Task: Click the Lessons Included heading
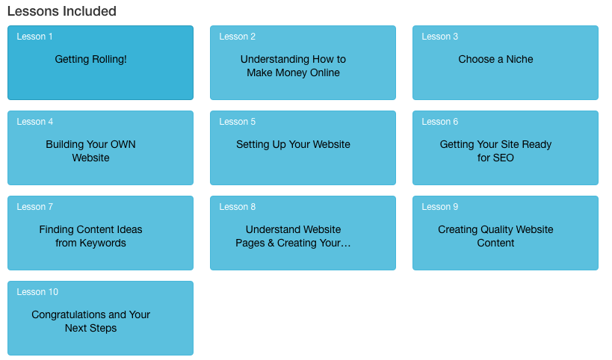(x=62, y=11)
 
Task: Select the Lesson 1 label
(x=34, y=37)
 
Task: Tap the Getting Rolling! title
(x=90, y=59)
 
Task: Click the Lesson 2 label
(x=237, y=37)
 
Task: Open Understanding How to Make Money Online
(x=293, y=66)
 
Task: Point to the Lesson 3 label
(x=439, y=37)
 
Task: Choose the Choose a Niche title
(x=495, y=59)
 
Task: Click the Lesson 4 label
(x=34, y=122)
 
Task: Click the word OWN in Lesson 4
(x=123, y=144)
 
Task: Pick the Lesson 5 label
(x=237, y=122)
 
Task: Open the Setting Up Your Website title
(x=293, y=145)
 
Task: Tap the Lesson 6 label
(x=439, y=122)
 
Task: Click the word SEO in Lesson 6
(x=504, y=158)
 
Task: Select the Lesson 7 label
(x=34, y=207)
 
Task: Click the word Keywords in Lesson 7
(x=102, y=243)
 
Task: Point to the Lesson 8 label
(x=237, y=207)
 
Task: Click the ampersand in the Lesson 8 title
(x=271, y=243)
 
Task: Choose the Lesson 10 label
(x=37, y=292)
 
